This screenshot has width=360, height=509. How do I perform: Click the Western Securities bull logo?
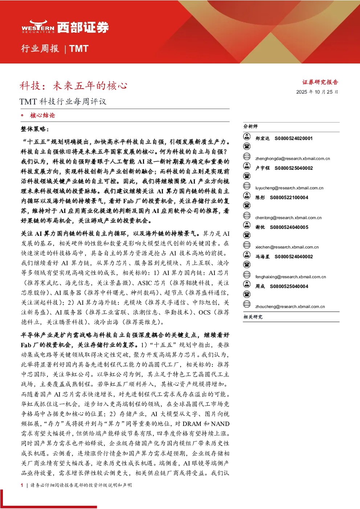point(38,27)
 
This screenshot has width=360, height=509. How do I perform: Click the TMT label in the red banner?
point(79,49)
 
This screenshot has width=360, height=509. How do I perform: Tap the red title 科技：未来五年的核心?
point(73,86)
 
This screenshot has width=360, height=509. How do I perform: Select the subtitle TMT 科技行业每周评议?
point(63,101)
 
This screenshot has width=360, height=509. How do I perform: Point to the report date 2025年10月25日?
point(317,92)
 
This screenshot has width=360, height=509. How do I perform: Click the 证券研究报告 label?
point(320,82)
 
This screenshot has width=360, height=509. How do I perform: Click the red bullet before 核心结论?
point(22,115)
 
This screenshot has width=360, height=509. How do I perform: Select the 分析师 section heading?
point(250,126)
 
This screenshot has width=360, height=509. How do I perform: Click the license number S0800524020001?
point(294,138)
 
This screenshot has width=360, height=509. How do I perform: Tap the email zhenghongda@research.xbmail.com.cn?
point(292,159)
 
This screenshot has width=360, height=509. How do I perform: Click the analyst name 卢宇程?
point(262,168)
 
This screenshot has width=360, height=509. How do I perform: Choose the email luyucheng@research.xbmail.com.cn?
point(289,188)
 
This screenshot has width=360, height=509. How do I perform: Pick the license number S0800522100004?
point(289,197)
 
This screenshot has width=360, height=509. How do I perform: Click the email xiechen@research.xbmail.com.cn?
point(287,247)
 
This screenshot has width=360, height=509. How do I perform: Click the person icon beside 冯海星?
point(247,255)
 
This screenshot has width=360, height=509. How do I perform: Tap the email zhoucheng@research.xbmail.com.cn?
point(290,307)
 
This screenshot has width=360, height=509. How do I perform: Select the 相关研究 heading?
point(253,317)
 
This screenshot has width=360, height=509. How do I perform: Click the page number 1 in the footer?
point(22,485)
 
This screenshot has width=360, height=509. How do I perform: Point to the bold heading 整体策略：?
point(35,129)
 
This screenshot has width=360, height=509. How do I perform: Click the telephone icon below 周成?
point(247,294)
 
